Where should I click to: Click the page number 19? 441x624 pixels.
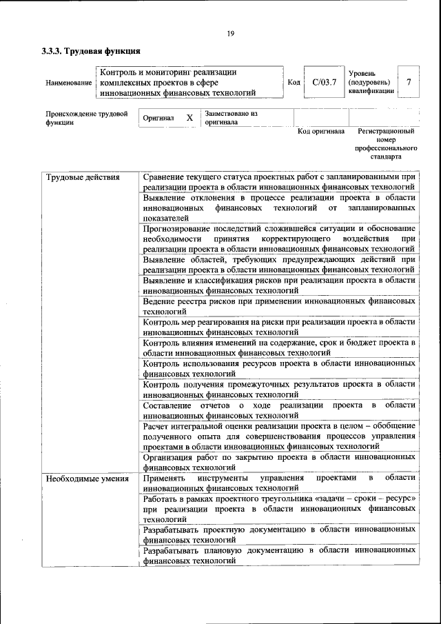[230, 32]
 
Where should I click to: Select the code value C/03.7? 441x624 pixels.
[323, 83]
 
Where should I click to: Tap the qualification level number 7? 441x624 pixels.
[409, 83]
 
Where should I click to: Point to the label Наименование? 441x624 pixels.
[68, 83]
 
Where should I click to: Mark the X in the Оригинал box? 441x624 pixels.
[189, 118]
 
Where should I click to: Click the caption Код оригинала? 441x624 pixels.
[320, 131]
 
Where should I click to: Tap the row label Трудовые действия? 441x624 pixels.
[83, 177]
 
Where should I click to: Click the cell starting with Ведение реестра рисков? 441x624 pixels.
[279, 307]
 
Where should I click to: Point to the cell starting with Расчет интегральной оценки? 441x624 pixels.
[279, 436]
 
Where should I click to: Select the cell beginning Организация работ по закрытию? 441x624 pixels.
[279, 462]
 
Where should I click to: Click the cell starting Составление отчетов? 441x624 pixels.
[279, 410]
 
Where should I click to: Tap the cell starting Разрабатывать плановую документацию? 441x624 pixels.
[279, 556]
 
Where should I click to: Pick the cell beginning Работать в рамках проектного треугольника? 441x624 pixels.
[279, 508]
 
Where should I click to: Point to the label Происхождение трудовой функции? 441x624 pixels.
[87, 118]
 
